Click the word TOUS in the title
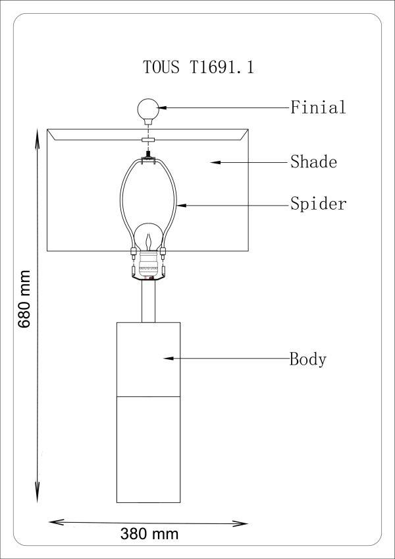click(161, 68)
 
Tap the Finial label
click(318, 107)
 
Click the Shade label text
click(313, 162)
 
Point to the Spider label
click(318, 204)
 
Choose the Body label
click(308, 359)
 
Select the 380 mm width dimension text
click(149, 533)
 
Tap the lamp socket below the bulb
click(147, 266)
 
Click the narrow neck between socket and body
click(148, 302)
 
